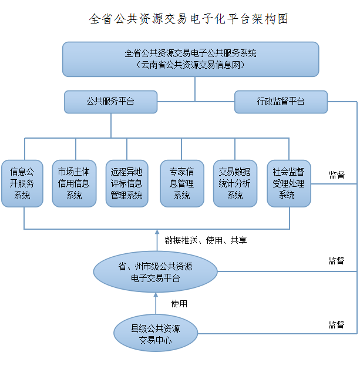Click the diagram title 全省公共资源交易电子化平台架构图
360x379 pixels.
[189, 19]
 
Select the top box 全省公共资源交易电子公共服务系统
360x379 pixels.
[191, 59]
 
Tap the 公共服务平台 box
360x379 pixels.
[110, 102]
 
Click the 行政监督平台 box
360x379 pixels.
[281, 102]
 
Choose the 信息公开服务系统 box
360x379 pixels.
[22, 183]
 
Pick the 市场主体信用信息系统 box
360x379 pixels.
[74, 183]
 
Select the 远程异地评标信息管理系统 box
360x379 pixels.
[127, 183]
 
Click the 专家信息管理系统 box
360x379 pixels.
[182, 183]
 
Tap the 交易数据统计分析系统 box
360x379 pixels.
[235, 183]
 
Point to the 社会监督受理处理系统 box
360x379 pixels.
[289, 183]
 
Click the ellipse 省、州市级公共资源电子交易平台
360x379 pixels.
[156, 271]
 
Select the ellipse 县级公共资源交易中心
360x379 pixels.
[156, 333]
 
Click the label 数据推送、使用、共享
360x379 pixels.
[206, 240]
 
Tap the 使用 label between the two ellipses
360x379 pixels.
[179, 304]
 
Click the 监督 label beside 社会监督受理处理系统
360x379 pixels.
[337, 175]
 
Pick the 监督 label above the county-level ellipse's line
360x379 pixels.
[337, 324]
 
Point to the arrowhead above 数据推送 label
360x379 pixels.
[157, 232]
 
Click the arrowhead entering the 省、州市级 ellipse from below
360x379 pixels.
[156, 295]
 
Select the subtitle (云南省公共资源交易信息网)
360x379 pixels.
[191, 65]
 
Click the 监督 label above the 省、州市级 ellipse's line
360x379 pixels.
[337, 260]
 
